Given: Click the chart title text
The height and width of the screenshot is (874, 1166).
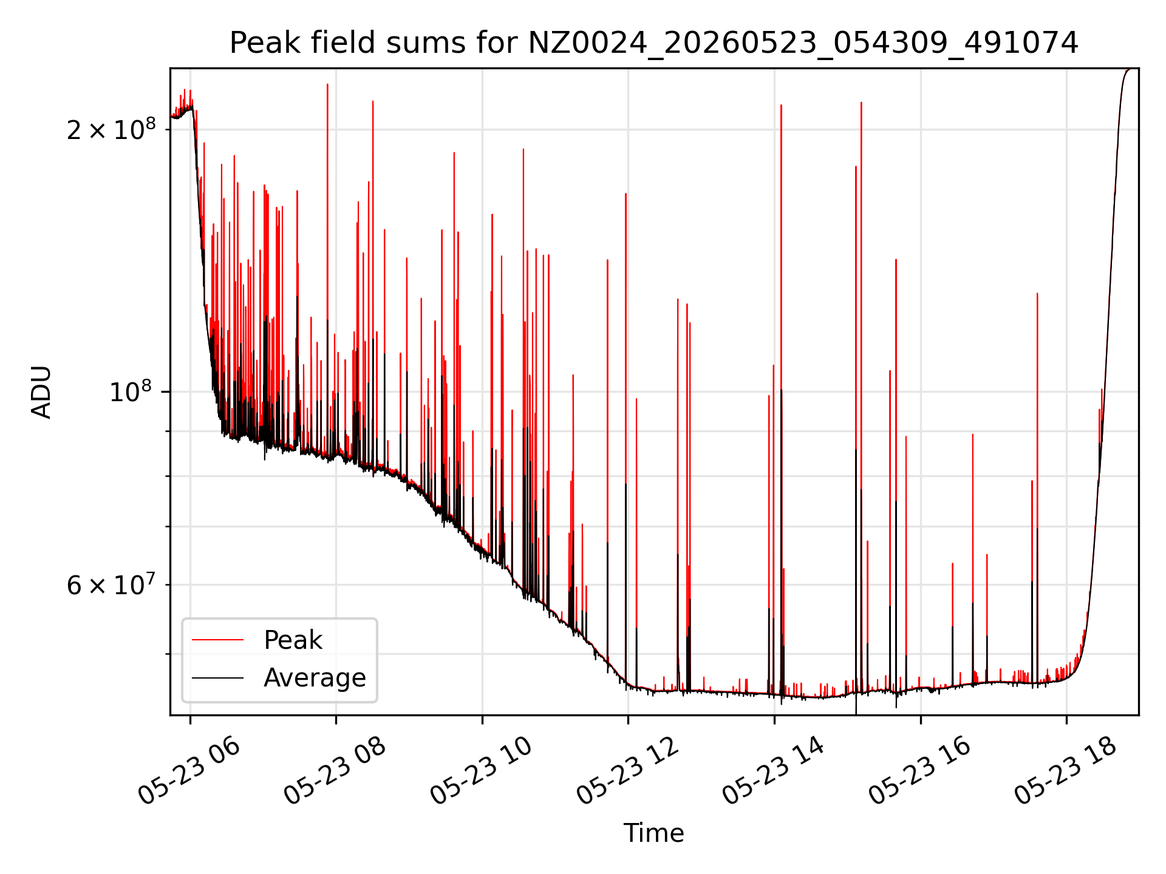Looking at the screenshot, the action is click(653, 43).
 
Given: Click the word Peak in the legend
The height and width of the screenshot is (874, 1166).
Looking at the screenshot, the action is click(293, 640).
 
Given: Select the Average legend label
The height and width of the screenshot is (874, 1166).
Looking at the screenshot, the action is click(315, 678).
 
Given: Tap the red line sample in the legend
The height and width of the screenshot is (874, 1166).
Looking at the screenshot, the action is click(217, 640).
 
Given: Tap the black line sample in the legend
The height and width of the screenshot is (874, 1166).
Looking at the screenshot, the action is click(217, 677).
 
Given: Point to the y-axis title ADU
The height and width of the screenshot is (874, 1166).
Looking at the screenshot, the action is click(41, 392).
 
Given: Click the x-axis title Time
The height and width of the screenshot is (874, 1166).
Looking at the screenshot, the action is click(653, 833).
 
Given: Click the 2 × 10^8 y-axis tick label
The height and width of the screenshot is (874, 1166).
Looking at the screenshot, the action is click(111, 129).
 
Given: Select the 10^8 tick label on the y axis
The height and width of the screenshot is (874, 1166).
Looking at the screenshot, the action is click(132, 391).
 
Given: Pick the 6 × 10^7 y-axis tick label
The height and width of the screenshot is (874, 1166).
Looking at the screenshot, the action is click(111, 584).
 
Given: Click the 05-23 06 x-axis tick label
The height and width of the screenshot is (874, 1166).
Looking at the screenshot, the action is click(189, 771).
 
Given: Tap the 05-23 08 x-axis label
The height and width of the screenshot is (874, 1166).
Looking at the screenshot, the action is click(335, 771).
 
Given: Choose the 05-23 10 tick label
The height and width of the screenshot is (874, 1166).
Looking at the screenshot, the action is click(482, 771).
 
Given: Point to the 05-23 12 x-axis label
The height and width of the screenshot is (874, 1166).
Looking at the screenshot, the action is click(627, 771).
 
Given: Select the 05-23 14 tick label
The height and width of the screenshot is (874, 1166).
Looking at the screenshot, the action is click(774, 771).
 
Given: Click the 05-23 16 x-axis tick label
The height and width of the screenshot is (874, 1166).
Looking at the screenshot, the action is click(920, 771).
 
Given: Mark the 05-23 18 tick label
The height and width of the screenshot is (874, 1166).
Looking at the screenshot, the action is click(1066, 771).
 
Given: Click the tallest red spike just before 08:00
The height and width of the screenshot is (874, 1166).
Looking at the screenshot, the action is click(327, 84).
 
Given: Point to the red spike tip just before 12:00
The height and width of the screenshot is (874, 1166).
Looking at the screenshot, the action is click(626, 194).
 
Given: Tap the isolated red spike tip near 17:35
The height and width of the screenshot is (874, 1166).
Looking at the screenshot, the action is click(1037, 294).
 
